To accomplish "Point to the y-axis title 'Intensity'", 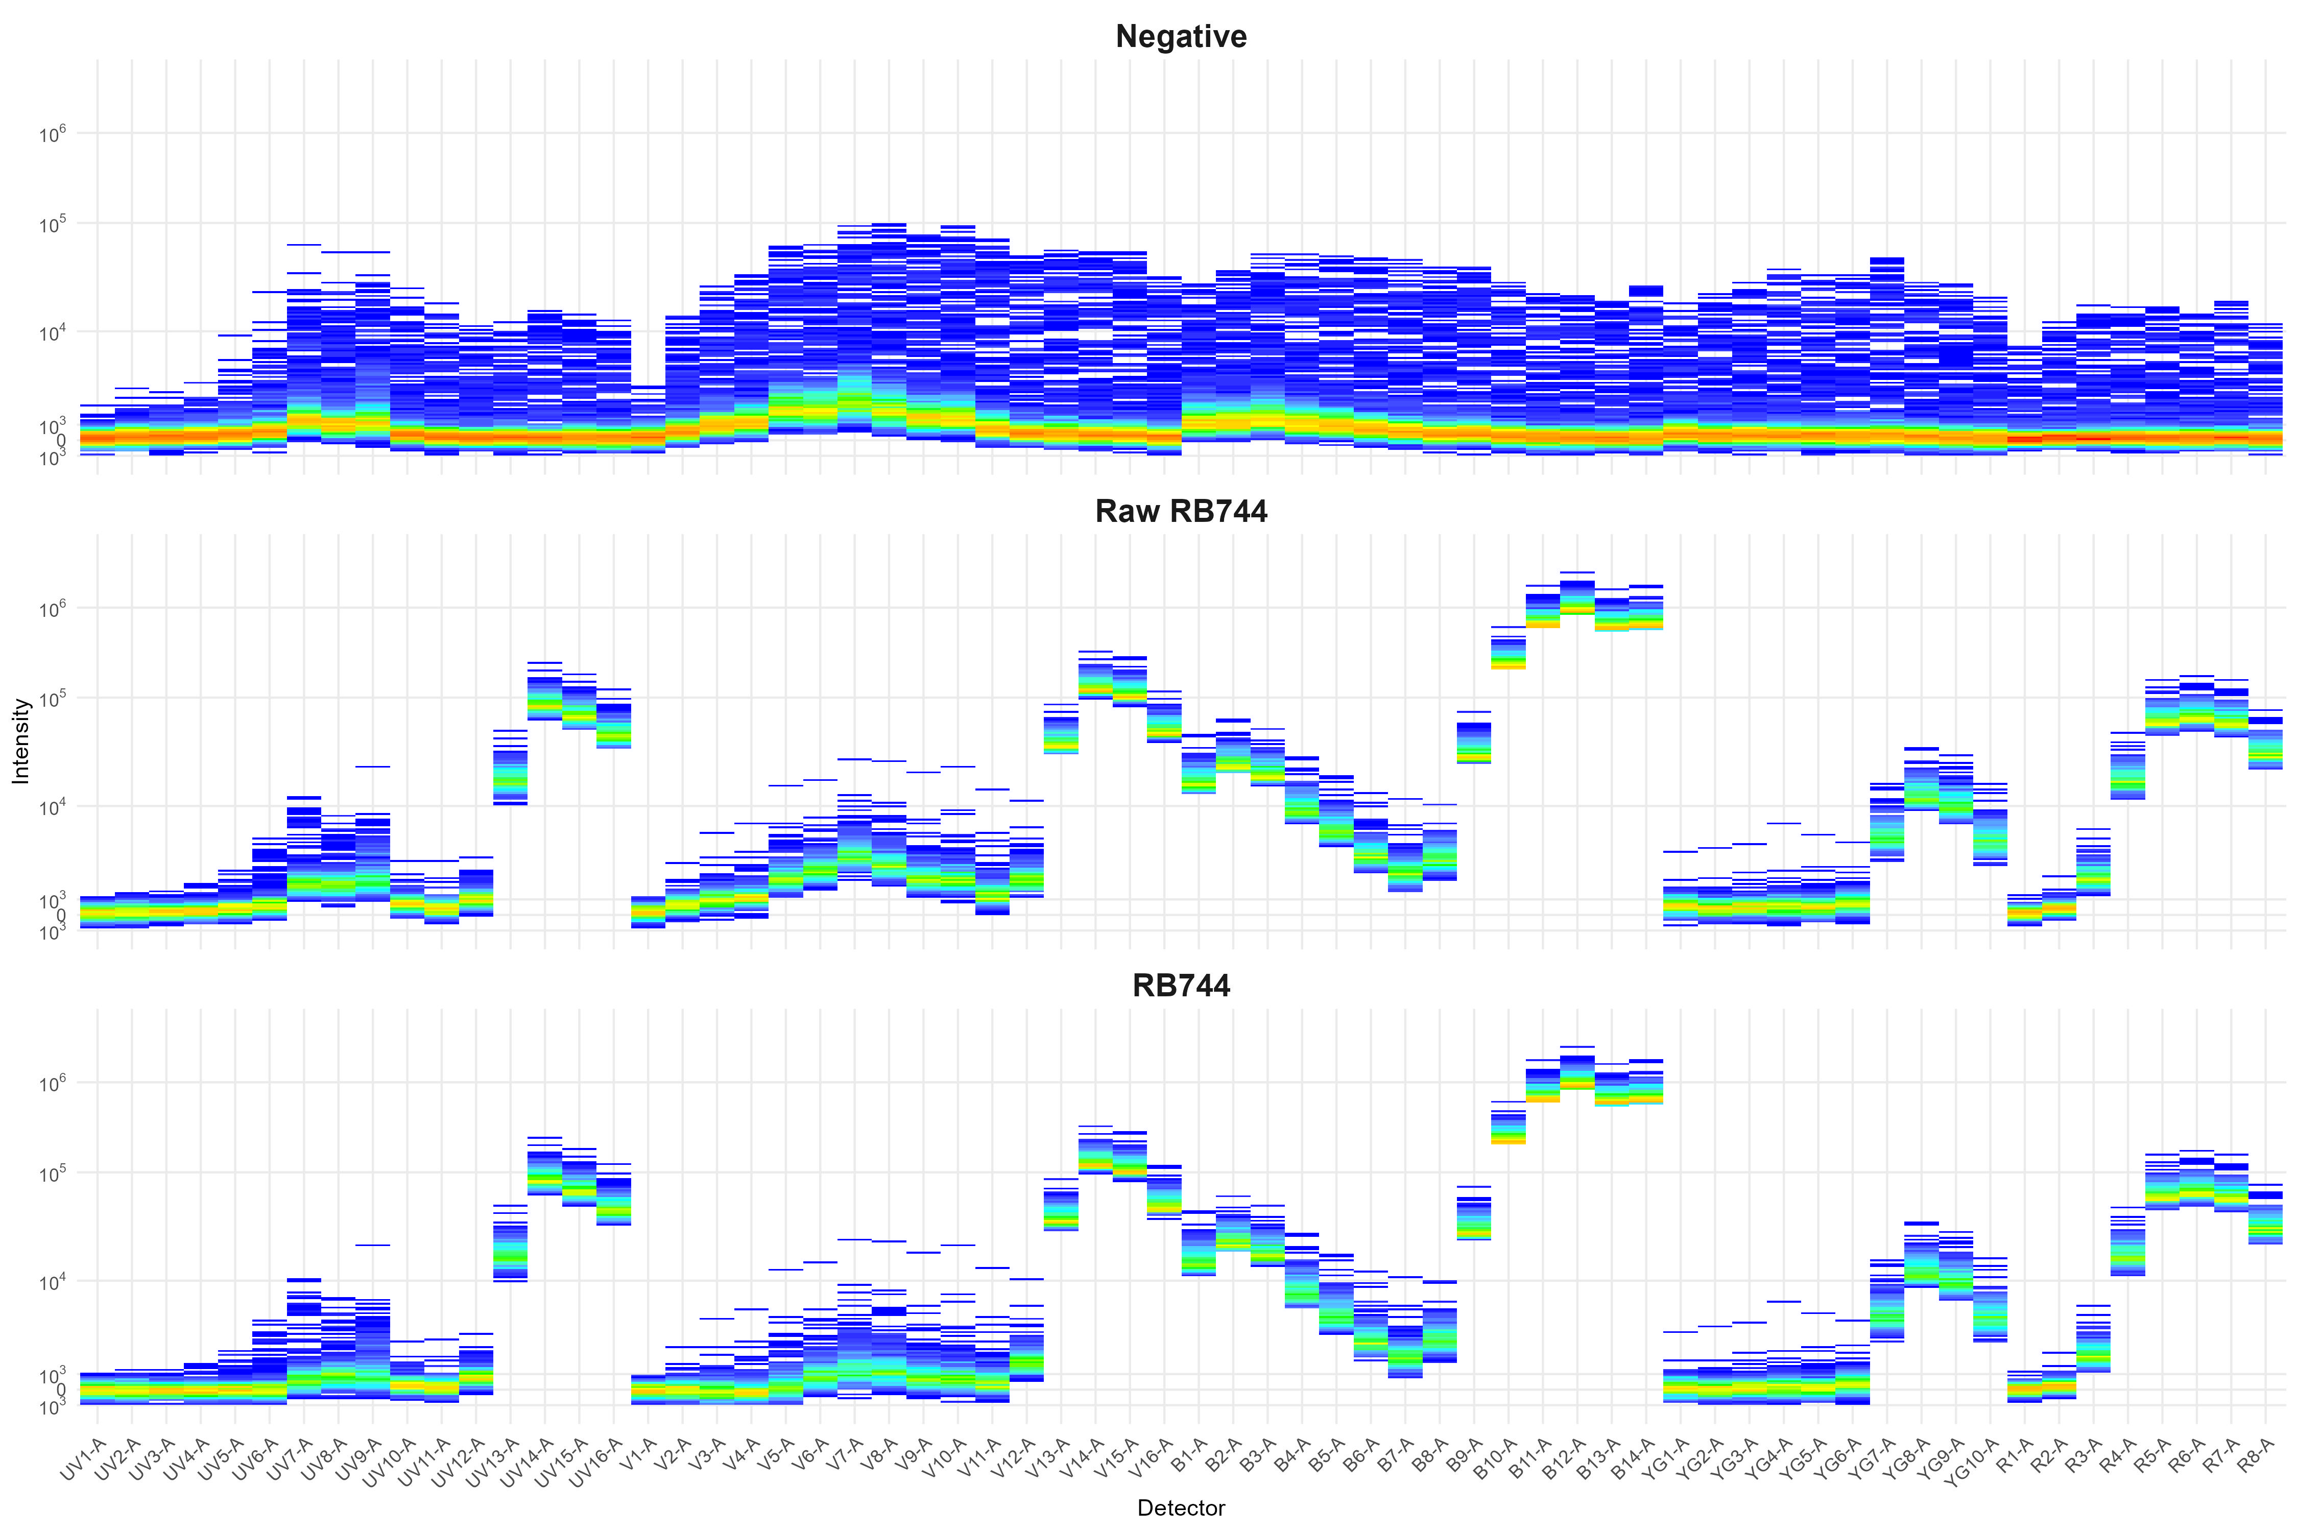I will (21, 740).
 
